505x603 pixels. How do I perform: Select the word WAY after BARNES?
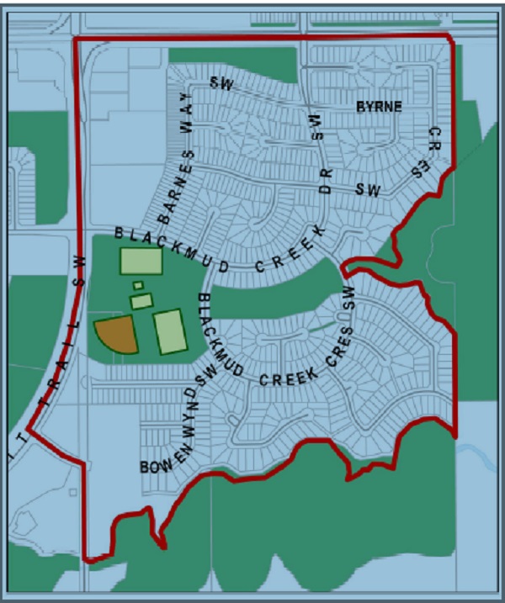tap(186, 133)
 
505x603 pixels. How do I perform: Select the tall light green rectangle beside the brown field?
tap(169, 331)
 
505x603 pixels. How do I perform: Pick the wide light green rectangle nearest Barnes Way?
tap(141, 262)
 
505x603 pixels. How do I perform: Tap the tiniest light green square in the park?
tap(138, 285)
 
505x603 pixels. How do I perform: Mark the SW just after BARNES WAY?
tap(221, 83)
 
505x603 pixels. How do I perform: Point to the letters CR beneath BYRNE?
tap(434, 139)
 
